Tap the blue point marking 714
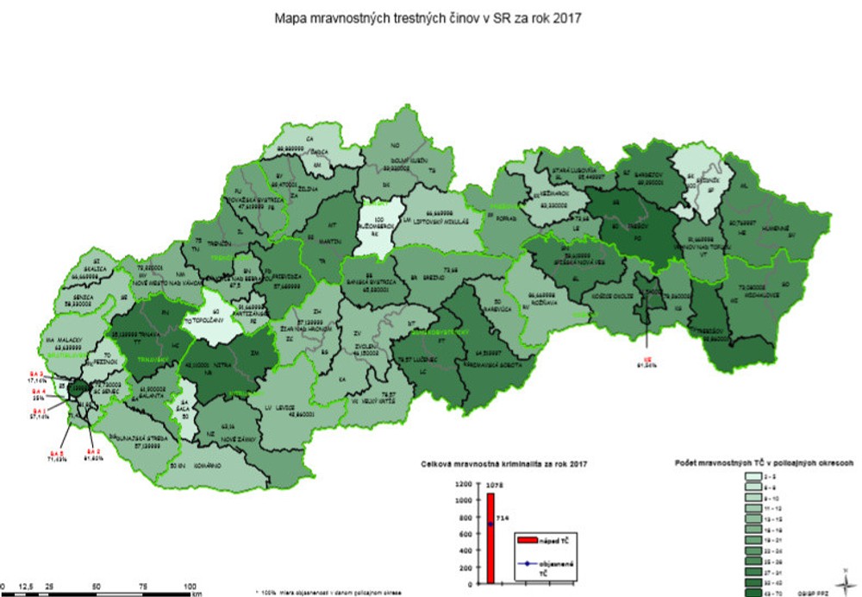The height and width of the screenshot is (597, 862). click(x=490, y=524)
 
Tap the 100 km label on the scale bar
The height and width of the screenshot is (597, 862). click(x=190, y=587)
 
